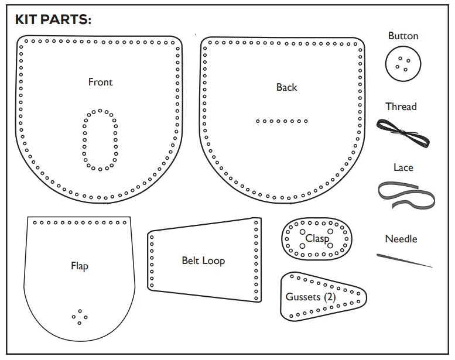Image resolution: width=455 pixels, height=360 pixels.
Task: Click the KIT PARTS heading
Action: point(53,19)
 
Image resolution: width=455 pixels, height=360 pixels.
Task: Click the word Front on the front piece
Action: point(100,82)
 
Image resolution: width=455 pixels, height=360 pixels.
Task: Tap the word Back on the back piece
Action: point(286,87)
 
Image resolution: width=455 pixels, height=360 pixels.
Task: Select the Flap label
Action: point(79,266)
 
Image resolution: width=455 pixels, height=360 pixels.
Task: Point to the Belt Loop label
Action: point(203,260)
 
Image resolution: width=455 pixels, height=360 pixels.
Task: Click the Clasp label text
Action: point(317,239)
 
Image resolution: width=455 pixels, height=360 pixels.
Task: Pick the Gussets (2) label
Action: point(310,297)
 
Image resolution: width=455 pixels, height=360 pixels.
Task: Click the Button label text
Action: point(403,36)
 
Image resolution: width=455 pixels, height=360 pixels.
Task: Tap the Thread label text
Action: point(401,107)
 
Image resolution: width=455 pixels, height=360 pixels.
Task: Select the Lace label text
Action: point(403,168)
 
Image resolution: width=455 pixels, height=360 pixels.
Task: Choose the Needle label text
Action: point(401,239)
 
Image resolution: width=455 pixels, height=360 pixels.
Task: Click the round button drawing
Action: point(403,63)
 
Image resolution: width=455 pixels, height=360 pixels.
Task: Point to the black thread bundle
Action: point(403,132)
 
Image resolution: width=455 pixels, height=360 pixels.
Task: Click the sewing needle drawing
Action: point(404,260)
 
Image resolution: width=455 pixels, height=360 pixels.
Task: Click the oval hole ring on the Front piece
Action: point(100,140)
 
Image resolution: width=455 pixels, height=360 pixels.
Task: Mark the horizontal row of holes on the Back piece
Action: point(282,121)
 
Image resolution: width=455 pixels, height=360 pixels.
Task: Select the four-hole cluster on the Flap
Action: point(80,317)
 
